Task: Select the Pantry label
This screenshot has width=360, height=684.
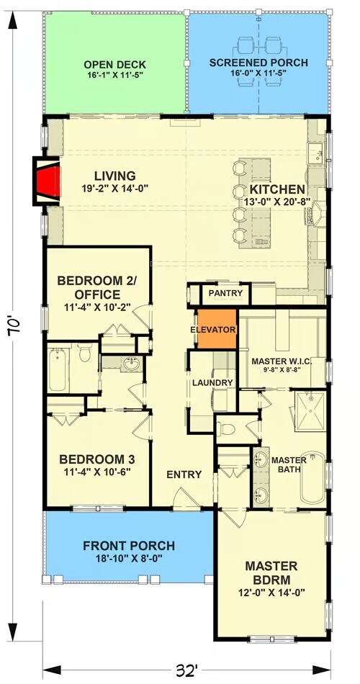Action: coord(225,293)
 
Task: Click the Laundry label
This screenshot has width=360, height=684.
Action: coord(212,382)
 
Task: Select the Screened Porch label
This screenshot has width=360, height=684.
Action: coord(258,63)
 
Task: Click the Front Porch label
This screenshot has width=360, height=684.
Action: coord(129,545)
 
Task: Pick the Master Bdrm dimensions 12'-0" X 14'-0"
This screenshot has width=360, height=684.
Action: coord(271,592)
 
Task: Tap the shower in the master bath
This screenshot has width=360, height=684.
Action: coord(310,411)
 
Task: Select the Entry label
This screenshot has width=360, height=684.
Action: coord(184,474)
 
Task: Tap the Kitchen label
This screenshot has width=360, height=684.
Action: coord(276,189)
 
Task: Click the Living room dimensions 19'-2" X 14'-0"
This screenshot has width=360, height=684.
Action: coord(114,189)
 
